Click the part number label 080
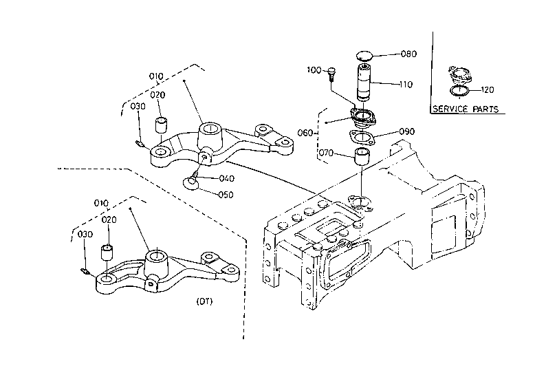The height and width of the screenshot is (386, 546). coord(408,54)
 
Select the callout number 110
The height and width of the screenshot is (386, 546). coord(406,85)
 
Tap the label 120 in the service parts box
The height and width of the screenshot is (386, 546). coord(488,90)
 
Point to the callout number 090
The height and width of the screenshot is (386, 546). coord(406,131)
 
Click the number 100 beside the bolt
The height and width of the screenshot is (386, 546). coord(314,70)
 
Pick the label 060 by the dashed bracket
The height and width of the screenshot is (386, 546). coord(305,133)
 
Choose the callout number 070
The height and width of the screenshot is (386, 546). coord(326,153)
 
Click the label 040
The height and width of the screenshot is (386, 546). coord(227,179)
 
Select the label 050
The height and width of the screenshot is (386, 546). coord(226,195)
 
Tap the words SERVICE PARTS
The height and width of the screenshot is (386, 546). coord(466,109)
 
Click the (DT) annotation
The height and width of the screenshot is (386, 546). coord(204,301)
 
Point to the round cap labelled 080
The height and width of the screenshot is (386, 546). coord(364,55)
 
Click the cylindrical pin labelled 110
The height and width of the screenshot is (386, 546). coord(364,81)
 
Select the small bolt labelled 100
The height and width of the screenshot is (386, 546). coord(331,74)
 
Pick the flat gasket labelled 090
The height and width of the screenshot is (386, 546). coord(362,137)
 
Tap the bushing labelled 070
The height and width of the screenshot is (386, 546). coord(362,157)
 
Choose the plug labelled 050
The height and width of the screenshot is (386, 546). coord(190,183)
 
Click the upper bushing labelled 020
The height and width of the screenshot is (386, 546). coord(161,125)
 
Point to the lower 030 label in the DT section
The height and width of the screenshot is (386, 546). coord(85,235)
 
